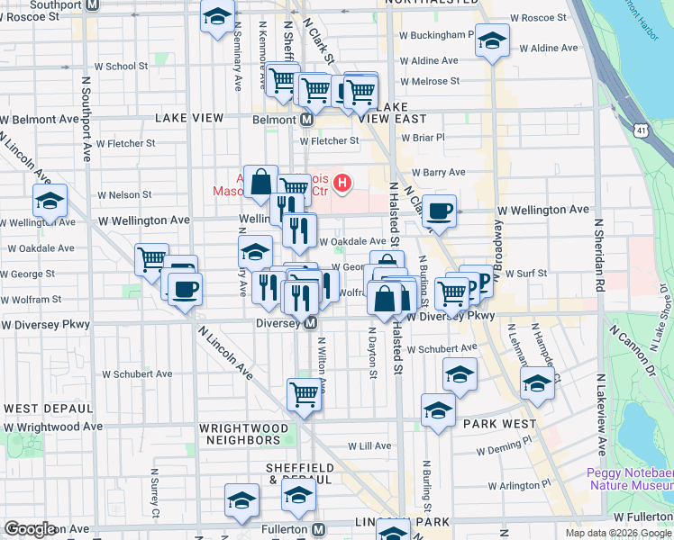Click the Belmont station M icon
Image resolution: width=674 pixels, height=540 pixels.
click(306, 120)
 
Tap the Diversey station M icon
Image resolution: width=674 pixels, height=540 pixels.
click(310, 323)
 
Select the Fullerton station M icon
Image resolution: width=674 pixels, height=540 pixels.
click(319, 529)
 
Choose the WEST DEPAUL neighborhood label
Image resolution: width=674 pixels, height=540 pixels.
click(45, 409)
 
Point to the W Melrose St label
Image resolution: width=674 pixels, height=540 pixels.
click(429, 81)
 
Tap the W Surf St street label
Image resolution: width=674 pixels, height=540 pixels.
click(520, 273)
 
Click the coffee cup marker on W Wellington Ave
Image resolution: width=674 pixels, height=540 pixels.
click(439, 211)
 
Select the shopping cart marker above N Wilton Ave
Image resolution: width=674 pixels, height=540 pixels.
click(305, 394)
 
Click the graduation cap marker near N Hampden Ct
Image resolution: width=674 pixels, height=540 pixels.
click(537, 384)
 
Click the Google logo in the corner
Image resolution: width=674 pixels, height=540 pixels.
click(30, 529)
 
